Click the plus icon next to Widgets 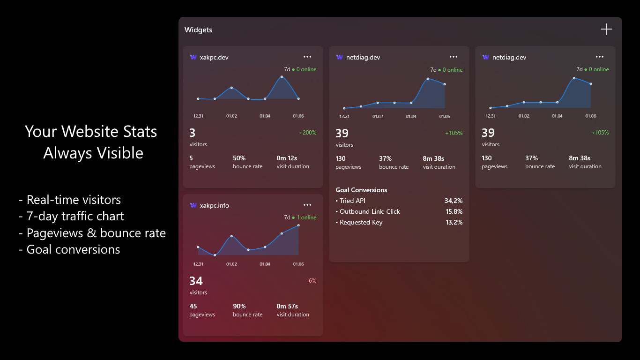pyautogui.click(x=607, y=29)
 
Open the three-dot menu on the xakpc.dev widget pyautogui.click(x=307, y=57)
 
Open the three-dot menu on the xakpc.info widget pyautogui.click(x=307, y=205)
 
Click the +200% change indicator pyautogui.click(x=308, y=133)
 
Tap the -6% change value pyautogui.click(x=312, y=281)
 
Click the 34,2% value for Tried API pyautogui.click(x=454, y=201)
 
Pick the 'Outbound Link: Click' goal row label pyautogui.click(x=370, y=211)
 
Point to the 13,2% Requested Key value pyautogui.click(x=454, y=222)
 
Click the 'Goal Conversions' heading pyautogui.click(x=361, y=190)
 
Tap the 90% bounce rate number pyautogui.click(x=239, y=306)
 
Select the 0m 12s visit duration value pyautogui.click(x=287, y=158)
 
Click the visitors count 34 pyautogui.click(x=196, y=281)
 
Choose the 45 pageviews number pyautogui.click(x=193, y=306)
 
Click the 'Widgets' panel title pyautogui.click(x=198, y=30)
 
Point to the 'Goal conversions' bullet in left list pyautogui.click(x=73, y=249)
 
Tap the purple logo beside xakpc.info pyautogui.click(x=193, y=205)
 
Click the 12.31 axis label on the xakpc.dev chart pyautogui.click(x=198, y=116)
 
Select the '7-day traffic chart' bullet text pyautogui.click(x=75, y=216)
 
